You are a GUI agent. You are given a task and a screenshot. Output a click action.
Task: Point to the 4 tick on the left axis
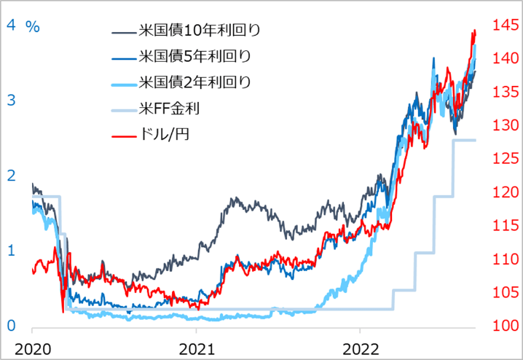click(12, 25)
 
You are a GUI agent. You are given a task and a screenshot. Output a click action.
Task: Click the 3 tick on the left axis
click(12, 101)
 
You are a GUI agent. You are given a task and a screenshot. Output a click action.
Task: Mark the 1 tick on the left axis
click(12, 250)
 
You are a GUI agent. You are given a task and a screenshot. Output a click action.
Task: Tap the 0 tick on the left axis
click(12, 326)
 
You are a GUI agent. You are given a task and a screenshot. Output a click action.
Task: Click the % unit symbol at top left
click(33, 26)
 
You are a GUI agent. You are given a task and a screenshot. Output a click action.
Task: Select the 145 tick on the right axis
click(504, 26)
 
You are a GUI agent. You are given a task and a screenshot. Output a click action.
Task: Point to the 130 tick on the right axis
click(504, 125)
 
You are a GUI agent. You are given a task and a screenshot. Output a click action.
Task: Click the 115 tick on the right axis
click(504, 226)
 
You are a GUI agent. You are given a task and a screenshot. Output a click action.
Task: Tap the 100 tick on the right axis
click(504, 326)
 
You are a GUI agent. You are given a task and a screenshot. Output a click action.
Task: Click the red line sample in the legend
click(123, 136)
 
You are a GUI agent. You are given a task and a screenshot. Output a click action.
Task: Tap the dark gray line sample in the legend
click(123, 32)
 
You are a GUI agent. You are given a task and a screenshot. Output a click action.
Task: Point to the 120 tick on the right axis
click(504, 192)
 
